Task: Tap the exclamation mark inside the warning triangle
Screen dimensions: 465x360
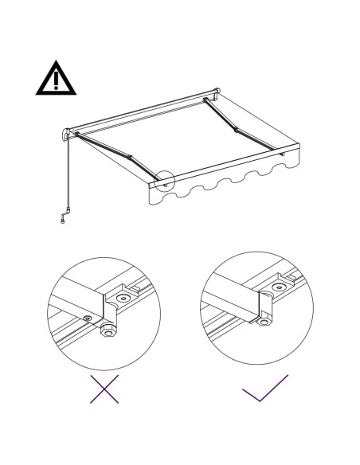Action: [x=57, y=80]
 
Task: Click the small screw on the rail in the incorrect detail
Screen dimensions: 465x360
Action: [x=87, y=319]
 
